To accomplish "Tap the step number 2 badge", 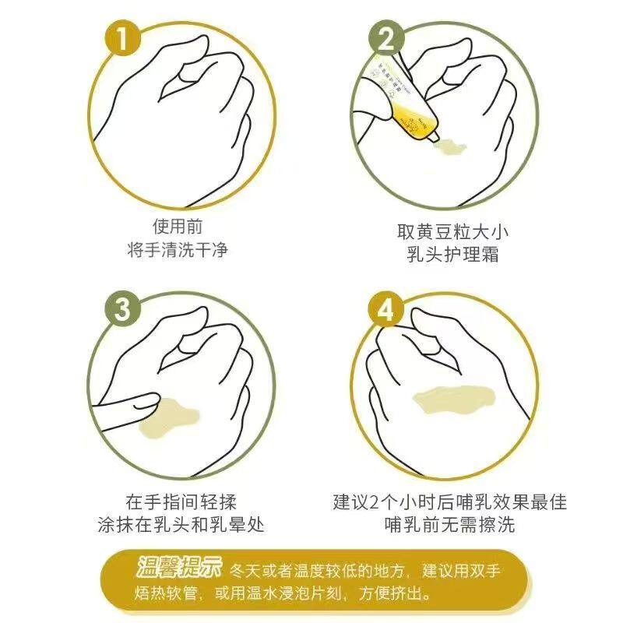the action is pyautogui.click(x=385, y=39).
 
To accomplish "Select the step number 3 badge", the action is pyautogui.click(x=122, y=309).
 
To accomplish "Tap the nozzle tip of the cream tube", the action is pyautogui.click(x=435, y=137).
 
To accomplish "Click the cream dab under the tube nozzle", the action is pyautogui.click(x=451, y=146).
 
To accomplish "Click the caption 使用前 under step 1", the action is pyautogui.click(x=178, y=227).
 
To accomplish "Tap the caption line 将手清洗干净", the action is pyautogui.click(x=178, y=250).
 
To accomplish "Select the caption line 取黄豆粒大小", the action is pyautogui.click(x=453, y=231).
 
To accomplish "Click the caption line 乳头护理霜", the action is pyautogui.click(x=453, y=255).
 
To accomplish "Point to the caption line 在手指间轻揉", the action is pyautogui.click(x=181, y=502).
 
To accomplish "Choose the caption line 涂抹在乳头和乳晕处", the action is pyautogui.click(x=181, y=524).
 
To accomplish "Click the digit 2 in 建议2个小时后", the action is pyautogui.click(x=375, y=502).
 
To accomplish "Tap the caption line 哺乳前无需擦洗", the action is pyautogui.click(x=450, y=524).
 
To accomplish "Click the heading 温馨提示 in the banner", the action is pyautogui.click(x=179, y=567).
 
